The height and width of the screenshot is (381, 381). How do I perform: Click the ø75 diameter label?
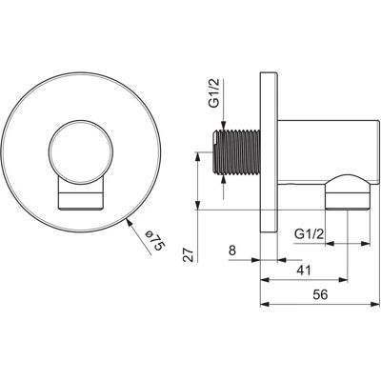coord(155,240)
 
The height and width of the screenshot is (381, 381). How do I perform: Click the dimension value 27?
coord(189,254)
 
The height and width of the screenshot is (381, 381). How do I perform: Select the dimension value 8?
coord(232,251)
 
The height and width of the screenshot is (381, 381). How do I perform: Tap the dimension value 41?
coord(304,271)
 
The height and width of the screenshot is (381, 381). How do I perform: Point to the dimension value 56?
coord(320,294)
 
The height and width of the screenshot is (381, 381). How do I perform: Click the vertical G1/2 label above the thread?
coord(216,100)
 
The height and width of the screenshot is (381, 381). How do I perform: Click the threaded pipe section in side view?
coord(236,151)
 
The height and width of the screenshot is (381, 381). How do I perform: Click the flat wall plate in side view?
coord(269,152)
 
